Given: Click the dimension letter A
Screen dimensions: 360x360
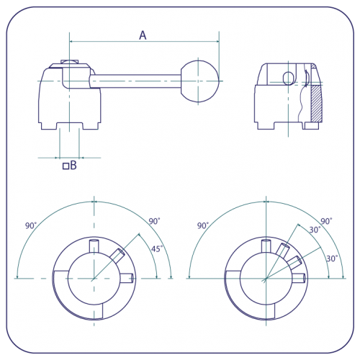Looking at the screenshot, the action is [143, 35].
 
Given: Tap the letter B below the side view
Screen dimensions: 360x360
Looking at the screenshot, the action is [73, 165].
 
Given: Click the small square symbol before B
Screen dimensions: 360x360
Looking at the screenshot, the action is [66, 166].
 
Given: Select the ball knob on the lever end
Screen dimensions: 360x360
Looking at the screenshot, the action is [200, 81].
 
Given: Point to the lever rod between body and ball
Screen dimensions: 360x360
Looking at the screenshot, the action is [135, 81].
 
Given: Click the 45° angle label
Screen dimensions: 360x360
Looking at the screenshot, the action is [157, 248].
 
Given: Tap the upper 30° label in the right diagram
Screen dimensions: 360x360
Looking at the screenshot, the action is [315, 230].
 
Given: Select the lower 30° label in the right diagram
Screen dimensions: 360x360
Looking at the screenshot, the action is [332, 258].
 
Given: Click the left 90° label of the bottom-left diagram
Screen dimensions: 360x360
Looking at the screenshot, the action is [31, 225].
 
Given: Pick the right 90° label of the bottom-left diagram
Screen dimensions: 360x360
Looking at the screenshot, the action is [154, 221].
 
